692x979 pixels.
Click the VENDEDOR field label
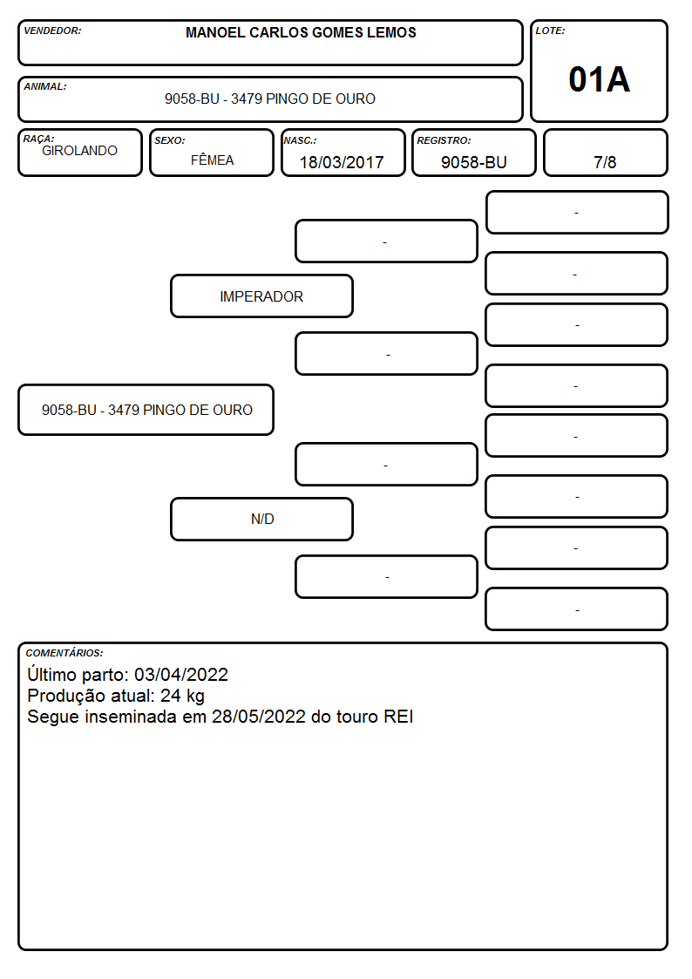point(52,31)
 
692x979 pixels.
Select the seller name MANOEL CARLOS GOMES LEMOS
point(301,32)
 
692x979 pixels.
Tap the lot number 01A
point(599,79)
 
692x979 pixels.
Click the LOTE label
point(550,31)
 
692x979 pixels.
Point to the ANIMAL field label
point(45,87)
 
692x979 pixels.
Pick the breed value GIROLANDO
point(79,151)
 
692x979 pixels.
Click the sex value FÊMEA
point(212,160)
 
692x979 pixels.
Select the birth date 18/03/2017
point(342,162)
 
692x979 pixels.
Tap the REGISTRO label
point(444,140)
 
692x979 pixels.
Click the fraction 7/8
point(605,162)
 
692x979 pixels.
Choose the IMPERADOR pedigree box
point(261,296)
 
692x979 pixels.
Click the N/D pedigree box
point(261,519)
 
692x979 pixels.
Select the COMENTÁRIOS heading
point(64,653)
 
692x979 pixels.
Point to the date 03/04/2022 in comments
point(181,674)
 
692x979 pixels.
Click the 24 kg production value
point(182,696)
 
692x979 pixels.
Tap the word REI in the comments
point(398,716)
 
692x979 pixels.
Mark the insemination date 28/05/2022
point(258,716)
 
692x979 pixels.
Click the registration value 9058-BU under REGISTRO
point(473,162)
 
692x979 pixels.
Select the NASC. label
point(300,140)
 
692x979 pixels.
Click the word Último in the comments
point(51,674)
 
